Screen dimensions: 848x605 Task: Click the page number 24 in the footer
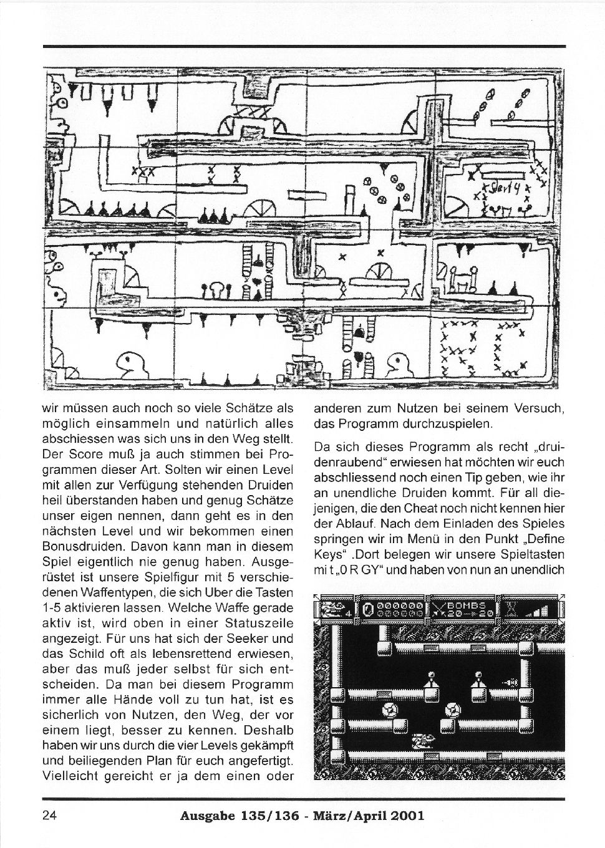pyautogui.click(x=50, y=815)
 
